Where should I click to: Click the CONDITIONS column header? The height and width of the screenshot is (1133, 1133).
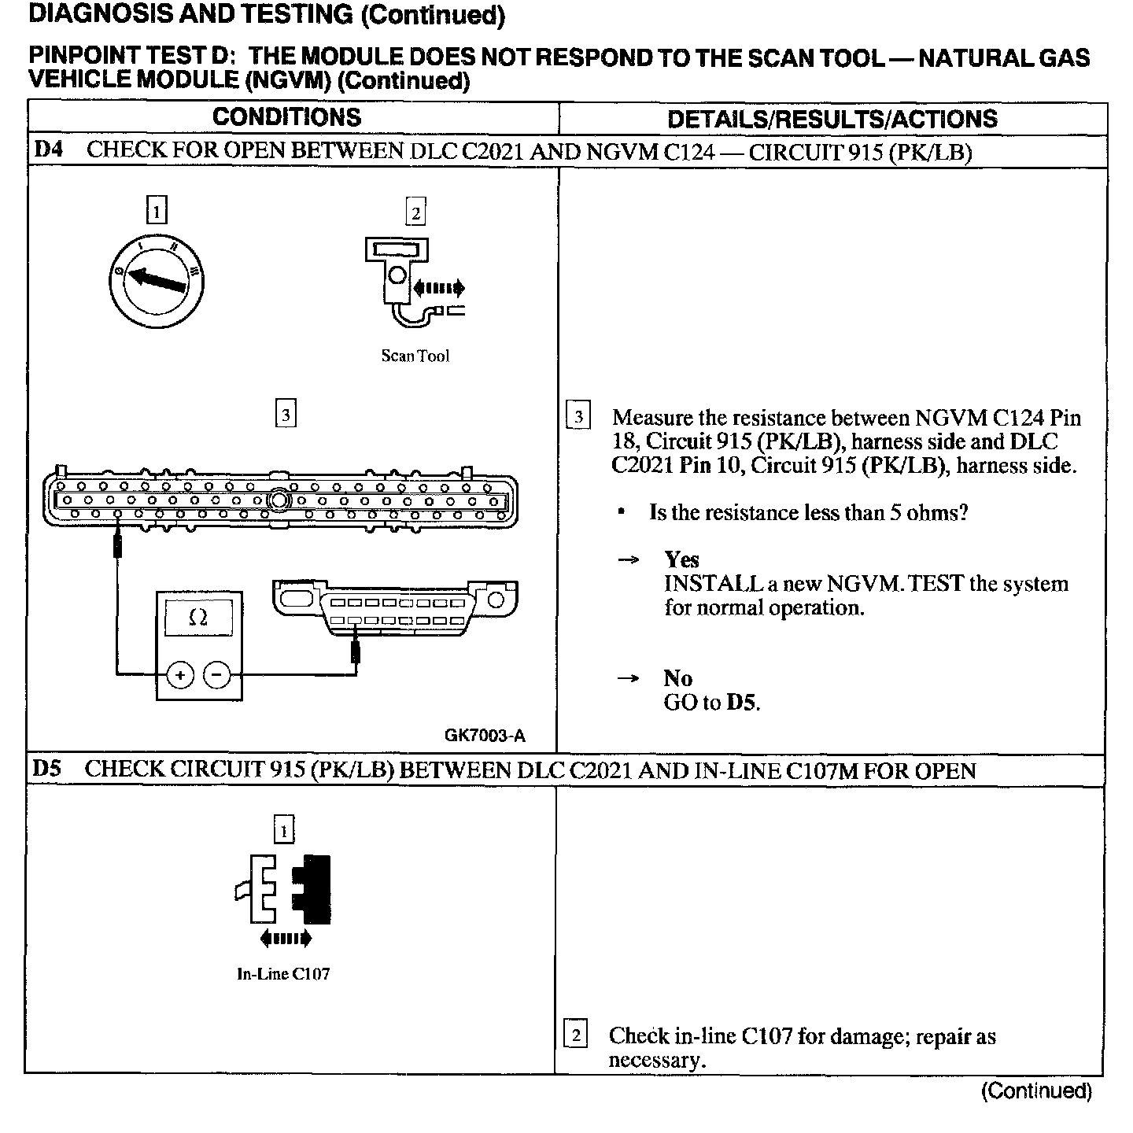pos(286,118)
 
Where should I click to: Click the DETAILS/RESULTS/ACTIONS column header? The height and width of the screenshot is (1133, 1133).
pos(832,120)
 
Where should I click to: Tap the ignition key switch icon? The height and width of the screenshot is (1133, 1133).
pos(156,279)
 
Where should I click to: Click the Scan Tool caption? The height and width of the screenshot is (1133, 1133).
pos(415,356)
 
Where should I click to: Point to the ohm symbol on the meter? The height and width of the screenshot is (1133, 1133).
pos(198,618)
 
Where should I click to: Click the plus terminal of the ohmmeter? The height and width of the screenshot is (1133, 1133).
pos(180,674)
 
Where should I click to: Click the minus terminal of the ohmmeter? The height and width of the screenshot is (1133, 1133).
pos(218,674)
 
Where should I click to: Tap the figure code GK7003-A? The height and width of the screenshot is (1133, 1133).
pos(485,736)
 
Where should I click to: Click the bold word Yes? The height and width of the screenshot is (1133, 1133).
pos(681,559)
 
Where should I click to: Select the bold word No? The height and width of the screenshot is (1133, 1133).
pos(677,678)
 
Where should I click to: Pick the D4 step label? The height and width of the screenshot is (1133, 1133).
pos(49,149)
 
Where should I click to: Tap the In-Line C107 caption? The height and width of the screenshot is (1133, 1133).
pos(283,974)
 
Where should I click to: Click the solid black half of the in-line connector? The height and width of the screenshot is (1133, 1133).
pos(313,888)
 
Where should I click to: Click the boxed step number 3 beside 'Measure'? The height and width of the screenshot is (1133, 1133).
pos(578,415)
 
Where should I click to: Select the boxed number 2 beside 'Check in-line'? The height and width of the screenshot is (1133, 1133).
pos(576,1035)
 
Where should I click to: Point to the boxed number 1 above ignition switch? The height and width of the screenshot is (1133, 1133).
pos(157,211)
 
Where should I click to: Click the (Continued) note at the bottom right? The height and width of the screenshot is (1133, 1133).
pos(1036,1091)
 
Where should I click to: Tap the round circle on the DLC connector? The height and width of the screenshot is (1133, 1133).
pos(496,601)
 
